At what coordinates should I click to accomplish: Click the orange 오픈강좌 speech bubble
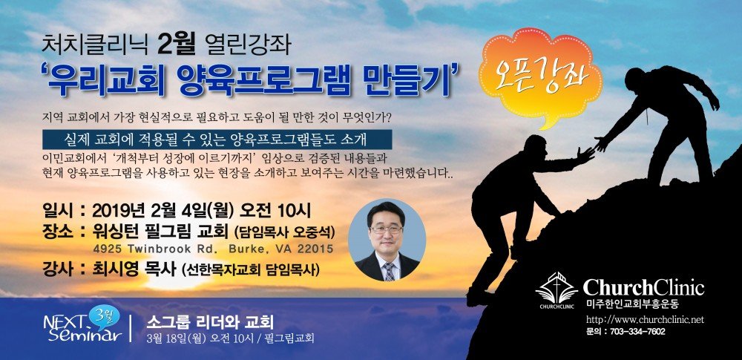[539, 76]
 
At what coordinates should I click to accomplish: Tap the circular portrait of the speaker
[387, 240]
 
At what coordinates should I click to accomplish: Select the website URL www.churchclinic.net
[645, 319]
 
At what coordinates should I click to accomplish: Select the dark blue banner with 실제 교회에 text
[216, 140]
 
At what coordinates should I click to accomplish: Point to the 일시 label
[57, 210]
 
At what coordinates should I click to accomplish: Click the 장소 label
[57, 233]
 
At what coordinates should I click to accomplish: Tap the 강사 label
[57, 269]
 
